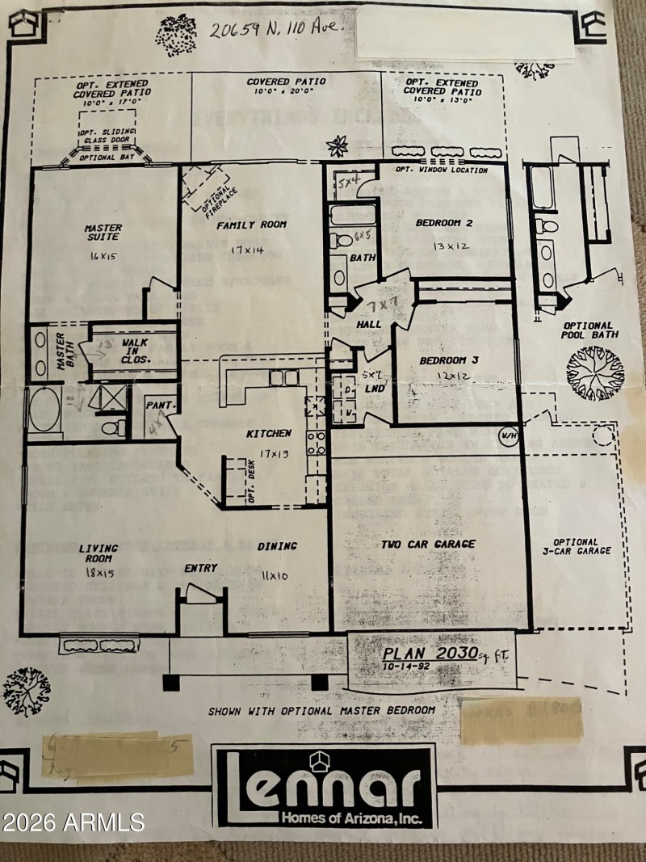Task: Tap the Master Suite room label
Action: (x=103, y=233)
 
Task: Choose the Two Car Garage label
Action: (x=428, y=545)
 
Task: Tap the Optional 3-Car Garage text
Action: (x=576, y=547)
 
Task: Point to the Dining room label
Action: (x=277, y=546)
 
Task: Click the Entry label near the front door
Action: (x=200, y=568)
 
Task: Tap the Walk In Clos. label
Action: (x=135, y=351)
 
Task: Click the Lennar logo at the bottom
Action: (x=323, y=786)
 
